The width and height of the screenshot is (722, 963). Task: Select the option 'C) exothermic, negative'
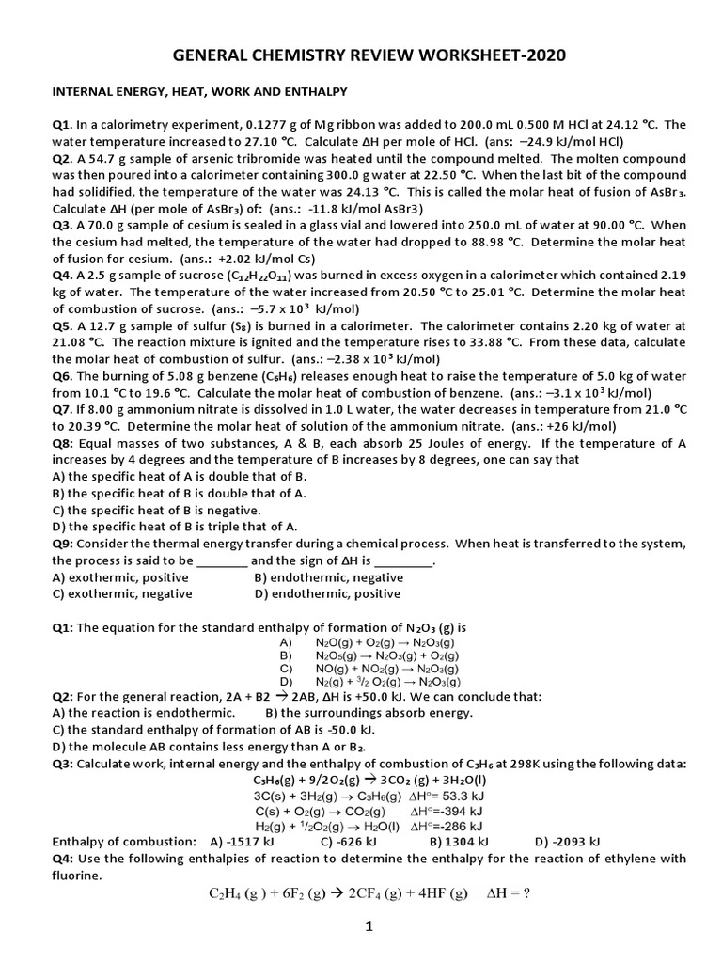pos(123,593)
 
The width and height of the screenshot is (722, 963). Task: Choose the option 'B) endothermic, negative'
pos(329,576)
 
